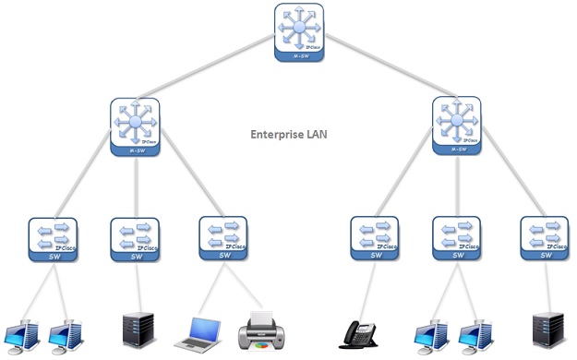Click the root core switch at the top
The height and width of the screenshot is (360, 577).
(297, 30)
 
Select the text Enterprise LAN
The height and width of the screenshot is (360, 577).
(289, 135)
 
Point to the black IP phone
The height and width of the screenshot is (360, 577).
(362, 333)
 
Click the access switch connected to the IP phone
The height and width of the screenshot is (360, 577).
(375, 237)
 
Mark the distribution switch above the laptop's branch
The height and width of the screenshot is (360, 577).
(136, 125)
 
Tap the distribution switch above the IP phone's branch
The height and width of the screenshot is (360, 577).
(457, 125)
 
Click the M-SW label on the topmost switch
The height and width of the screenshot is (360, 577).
(297, 56)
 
